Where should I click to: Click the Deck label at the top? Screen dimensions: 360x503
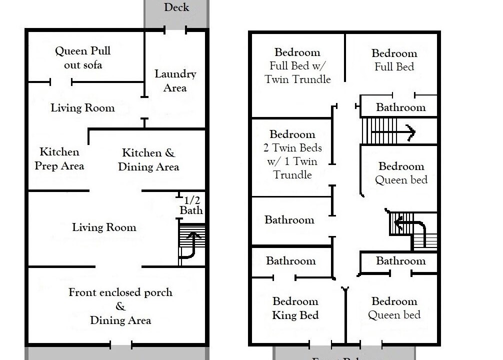click(176, 7)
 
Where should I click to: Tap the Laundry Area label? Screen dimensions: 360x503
click(175, 81)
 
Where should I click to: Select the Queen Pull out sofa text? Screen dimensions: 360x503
click(83, 57)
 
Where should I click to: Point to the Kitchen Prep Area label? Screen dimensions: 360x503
click(59, 158)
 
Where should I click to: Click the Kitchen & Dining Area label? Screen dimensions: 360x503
click(148, 160)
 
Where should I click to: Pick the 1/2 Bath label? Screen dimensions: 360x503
click(191, 205)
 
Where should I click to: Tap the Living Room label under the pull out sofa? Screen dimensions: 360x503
click(82, 108)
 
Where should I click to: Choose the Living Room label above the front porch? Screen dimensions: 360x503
click(104, 227)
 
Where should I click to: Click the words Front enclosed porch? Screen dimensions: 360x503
click(120, 292)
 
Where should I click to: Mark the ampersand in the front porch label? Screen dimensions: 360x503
click(120, 306)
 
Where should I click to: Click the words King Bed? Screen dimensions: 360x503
click(295, 315)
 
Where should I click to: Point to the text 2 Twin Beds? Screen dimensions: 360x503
click(292, 148)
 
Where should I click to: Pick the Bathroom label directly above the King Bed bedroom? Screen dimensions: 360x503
click(290, 261)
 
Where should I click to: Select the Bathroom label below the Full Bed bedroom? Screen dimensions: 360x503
click(400, 107)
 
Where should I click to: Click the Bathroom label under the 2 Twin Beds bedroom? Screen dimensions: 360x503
click(289, 220)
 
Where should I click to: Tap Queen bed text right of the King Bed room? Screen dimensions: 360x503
click(394, 315)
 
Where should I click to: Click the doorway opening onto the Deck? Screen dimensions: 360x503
click(175, 30)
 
